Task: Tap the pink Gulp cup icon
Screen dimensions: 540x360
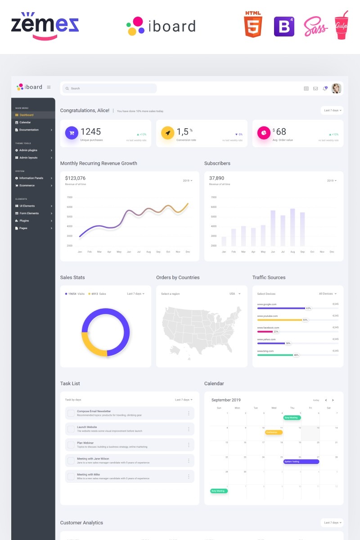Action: coord(341,26)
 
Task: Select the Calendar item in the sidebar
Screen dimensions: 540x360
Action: coord(25,122)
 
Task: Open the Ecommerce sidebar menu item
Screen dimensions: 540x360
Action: coord(27,185)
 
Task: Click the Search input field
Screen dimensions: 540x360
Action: coord(109,89)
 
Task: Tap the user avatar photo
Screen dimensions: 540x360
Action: coord(336,88)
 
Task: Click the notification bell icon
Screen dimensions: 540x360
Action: coord(324,89)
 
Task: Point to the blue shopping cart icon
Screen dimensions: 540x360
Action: coord(71,133)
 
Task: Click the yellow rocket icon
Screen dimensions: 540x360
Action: coord(167,133)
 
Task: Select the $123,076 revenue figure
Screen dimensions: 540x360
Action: coord(75,178)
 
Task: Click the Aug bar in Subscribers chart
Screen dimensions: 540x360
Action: coord(292,227)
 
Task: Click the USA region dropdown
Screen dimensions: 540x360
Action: coord(235,294)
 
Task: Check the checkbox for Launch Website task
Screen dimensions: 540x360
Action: coord(71,429)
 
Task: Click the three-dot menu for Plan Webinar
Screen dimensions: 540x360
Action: coord(189,445)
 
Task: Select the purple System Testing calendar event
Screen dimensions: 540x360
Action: coord(301,461)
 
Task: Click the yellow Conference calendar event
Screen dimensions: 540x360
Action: coord(274,432)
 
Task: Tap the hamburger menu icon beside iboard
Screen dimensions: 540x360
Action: coord(49,87)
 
